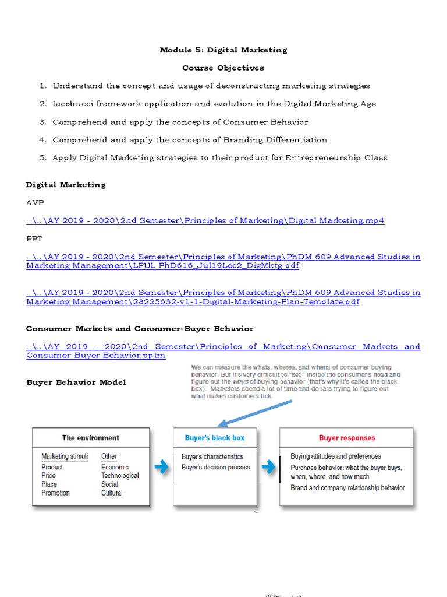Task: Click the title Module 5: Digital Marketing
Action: click(223, 50)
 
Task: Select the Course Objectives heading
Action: click(223, 68)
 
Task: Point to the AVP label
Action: click(35, 202)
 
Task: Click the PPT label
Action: click(34, 238)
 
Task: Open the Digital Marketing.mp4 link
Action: click(205, 220)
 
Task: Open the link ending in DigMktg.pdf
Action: click(163, 266)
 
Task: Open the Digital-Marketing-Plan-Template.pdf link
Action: click(192, 302)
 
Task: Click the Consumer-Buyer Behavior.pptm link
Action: click(96, 355)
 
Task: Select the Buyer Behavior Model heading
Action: click(76, 382)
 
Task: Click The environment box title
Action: click(91, 438)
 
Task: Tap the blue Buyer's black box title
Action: click(215, 438)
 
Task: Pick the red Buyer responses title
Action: click(347, 438)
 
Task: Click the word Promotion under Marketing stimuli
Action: click(55, 493)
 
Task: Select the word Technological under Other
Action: click(120, 476)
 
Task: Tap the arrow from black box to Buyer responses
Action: click(268, 467)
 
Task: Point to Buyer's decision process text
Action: click(215, 468)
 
